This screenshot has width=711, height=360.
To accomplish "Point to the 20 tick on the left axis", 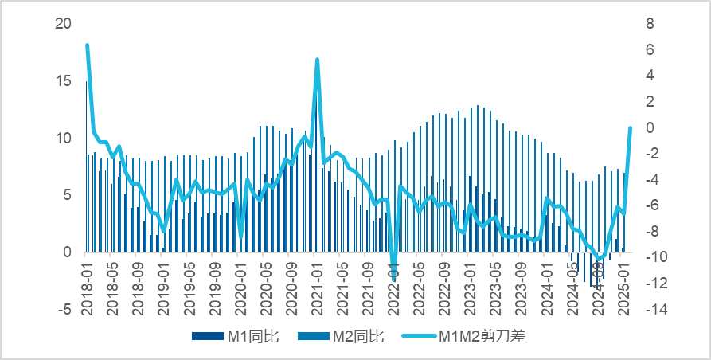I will (63, 24).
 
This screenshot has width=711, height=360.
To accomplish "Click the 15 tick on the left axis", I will (63, 81).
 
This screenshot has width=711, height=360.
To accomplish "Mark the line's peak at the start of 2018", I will (87, 45).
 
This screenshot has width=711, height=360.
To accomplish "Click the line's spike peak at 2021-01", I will (317, 60).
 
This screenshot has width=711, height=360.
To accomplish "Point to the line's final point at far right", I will (630, 127).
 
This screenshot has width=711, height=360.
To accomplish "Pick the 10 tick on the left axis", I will (63, 139).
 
